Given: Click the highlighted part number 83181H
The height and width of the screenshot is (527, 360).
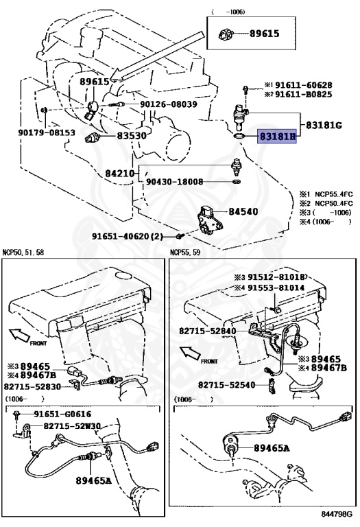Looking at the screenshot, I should pos(277,137).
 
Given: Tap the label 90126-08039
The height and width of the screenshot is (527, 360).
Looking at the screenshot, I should pos(168,104).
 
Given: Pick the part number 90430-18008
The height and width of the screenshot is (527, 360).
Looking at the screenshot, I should pos(174,182).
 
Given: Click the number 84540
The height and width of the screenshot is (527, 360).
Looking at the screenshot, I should pos(243,211).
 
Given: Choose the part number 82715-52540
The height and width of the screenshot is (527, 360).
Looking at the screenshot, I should pos(227,384).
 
